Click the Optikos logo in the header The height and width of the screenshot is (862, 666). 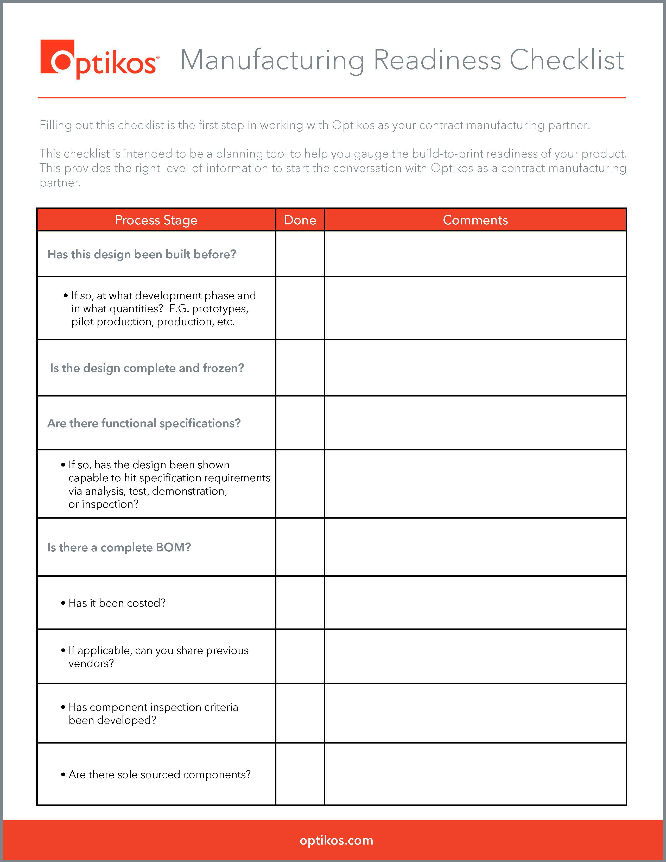[x=99, y=60]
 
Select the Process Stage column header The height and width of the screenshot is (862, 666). [x=156, y=220]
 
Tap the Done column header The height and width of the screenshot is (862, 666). [x=300, y=220]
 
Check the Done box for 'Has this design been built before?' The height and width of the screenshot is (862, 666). [x=300, y=254]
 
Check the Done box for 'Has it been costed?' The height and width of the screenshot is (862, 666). [x=300, y=603]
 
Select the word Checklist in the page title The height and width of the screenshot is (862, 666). [x=567, y=60]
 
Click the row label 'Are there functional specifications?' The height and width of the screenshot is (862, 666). [x=144, y=423]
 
